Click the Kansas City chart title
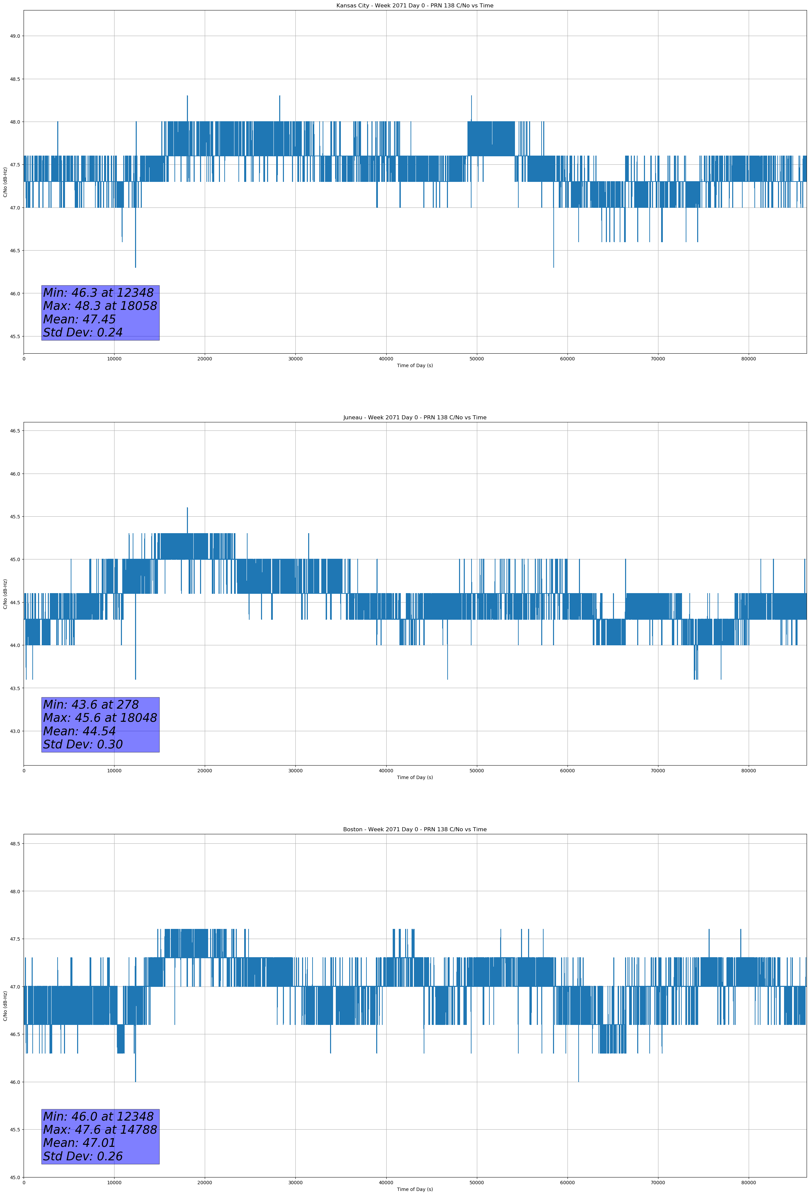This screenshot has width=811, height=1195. coord(415,6)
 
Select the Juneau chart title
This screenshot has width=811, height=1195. coord(415,418)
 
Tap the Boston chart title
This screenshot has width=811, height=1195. coord(415,830)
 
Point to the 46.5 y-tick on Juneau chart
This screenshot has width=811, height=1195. coord(15,431)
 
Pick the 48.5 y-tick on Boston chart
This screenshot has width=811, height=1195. coord(15,843)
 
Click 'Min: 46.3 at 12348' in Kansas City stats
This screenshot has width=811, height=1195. coord(98,293)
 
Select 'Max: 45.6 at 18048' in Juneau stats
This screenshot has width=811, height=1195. coord(100,718)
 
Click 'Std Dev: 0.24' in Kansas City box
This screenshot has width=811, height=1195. coord(83,333)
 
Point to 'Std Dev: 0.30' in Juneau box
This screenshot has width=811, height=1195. coord(83,745)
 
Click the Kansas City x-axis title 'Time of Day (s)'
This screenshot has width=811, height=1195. coord(415,365)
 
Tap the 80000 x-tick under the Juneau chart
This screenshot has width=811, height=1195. coord(748,771)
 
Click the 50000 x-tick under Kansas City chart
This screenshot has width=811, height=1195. coord(477,359)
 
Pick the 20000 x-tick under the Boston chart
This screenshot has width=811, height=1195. coord(205,1183)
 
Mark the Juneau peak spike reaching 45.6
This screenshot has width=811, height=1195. coord(187,509)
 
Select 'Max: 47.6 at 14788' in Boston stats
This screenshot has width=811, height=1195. coord(100,1130)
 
